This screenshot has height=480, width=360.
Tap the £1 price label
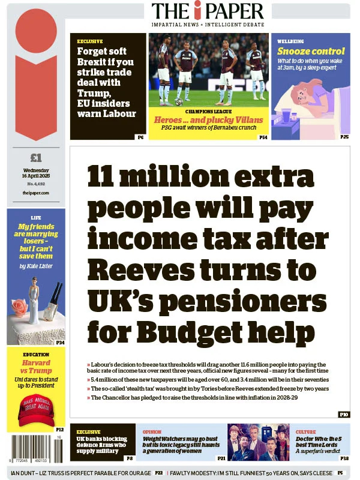tap(36, 158)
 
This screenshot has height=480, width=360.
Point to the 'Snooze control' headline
tap(311, 52)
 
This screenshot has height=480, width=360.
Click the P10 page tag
tap(343, 415)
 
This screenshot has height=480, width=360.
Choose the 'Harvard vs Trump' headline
tap(36, 367)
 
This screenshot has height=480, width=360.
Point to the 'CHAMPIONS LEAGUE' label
tap(208, 112)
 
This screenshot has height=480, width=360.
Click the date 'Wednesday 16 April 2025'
tap(36, 173)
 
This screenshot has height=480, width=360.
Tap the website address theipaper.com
tap(36, 193)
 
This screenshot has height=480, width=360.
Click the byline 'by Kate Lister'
tap(36, 265)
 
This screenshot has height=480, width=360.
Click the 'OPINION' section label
tap(152, 431)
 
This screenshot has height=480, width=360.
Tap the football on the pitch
tap(179, 102)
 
